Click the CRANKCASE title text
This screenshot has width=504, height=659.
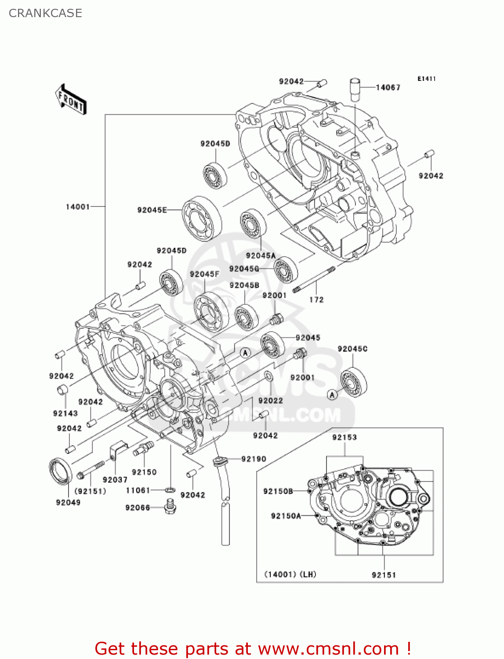click(45, 13)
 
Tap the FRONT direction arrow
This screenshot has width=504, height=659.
click(71, 100)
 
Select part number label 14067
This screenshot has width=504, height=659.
click(388, 87)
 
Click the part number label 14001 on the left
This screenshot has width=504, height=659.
click(78, 206)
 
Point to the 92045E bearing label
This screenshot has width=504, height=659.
click(152, 210)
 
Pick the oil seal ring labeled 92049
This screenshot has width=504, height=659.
click(60, 471)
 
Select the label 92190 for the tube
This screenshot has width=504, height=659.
click(254, 459)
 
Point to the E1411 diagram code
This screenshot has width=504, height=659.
click(426, 79)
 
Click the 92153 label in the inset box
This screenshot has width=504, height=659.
click(344, 437)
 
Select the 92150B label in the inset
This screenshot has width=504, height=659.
click(278, 491)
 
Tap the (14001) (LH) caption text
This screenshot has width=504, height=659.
click(290, 574)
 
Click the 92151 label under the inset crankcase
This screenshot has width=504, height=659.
click(384, 575)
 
